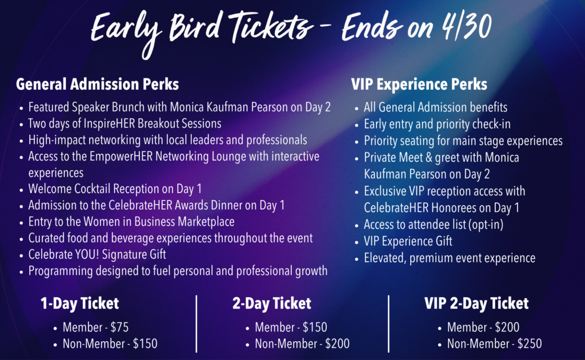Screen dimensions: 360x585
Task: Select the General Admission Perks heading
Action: [x=97, y=85]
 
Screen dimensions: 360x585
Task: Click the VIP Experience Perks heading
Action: [x=419, y=85]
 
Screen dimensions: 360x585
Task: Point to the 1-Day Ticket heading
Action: [x=80, y=303]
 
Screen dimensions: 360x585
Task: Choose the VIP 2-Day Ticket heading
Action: [x=476, y=303]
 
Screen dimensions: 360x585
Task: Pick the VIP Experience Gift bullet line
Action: [x=408, y=241]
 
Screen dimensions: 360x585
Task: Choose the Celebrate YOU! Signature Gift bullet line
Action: [x=97, y=254]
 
